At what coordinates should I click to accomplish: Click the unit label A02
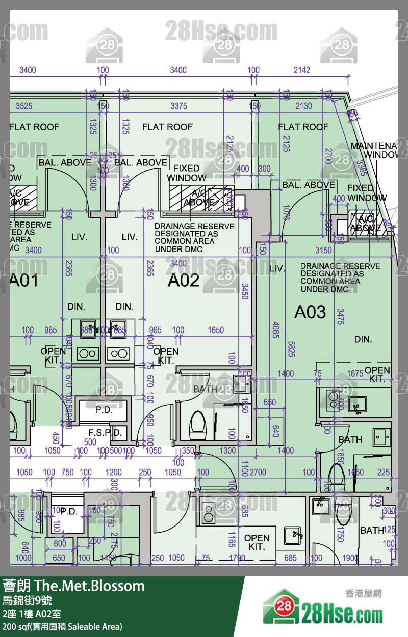[x=184, y=280]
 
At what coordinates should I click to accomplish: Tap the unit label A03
[x=310, y=312]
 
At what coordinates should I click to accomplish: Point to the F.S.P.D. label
[x=105, y=432]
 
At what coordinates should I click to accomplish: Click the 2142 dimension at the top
[x=302, y=70]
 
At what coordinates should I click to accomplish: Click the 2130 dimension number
[x=303, y=106]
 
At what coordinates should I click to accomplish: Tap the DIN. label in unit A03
[x=363, y=339]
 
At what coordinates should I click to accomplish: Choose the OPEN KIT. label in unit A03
[x=377, y=374]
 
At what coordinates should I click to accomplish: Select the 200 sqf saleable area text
[x=62, y=626]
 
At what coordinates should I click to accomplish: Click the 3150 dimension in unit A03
[x=323, y=250]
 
